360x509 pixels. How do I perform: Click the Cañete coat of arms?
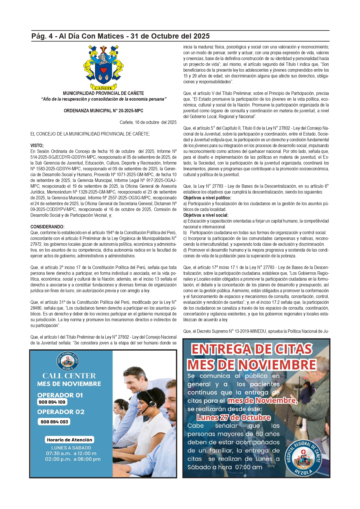tap(103, 67)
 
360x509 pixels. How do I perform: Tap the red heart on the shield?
tap(104, 70)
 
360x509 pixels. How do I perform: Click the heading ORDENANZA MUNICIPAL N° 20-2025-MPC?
tap(103, 111)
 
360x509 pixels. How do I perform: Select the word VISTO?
tap(37, 145)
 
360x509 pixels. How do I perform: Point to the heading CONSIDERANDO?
tap(47, 227)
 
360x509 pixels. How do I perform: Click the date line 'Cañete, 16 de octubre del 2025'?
tap(148, 122)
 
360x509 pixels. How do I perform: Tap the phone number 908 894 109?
tap(52, 402)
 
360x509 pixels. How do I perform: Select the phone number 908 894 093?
tap(54, 422)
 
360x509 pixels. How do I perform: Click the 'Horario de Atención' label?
tap(69, 440)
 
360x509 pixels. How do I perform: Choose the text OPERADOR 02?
tap(61, 412)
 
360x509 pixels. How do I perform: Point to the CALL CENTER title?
tap(69, 376)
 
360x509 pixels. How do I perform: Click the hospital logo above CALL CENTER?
tap(68, 361)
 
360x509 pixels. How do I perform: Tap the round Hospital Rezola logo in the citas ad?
tap(303, 458)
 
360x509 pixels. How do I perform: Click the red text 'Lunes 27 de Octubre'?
tap(234, 418)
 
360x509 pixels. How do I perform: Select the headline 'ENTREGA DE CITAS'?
tap(252, 349)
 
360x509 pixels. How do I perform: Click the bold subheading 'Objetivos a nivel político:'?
tap(207, 198)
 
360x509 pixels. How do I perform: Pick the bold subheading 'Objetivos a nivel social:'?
tap(206, 215)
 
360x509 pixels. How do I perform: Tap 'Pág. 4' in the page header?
tap(43, 36)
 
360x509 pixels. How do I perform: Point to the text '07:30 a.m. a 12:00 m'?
tap(71, 453)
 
